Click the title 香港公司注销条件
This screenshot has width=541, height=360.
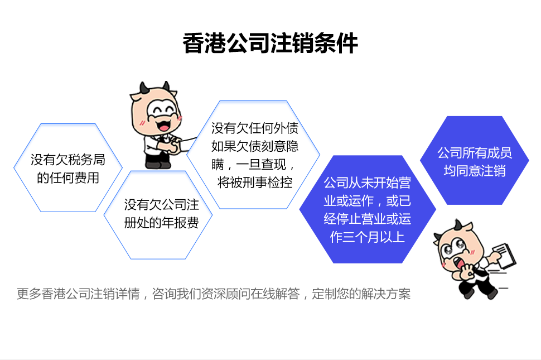[270, 44]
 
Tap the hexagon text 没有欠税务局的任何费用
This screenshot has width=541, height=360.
[68, 169]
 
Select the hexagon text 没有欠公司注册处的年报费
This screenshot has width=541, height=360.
[162, 214]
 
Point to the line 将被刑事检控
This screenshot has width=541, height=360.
[255, 183]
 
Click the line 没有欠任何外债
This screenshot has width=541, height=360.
[255, 128]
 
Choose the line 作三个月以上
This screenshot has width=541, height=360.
[367, 237]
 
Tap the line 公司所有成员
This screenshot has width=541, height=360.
[475, 152]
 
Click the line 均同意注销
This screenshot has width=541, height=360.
[475, 170]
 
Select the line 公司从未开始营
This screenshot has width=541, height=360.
[367, 183]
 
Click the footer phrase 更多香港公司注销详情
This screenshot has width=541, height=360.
[78, 294]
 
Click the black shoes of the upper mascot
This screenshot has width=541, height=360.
[158, 164]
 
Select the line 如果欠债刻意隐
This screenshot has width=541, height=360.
[255, 146]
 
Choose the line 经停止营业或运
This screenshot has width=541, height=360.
[367, 219]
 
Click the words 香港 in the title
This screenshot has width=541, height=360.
[204, 44]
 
